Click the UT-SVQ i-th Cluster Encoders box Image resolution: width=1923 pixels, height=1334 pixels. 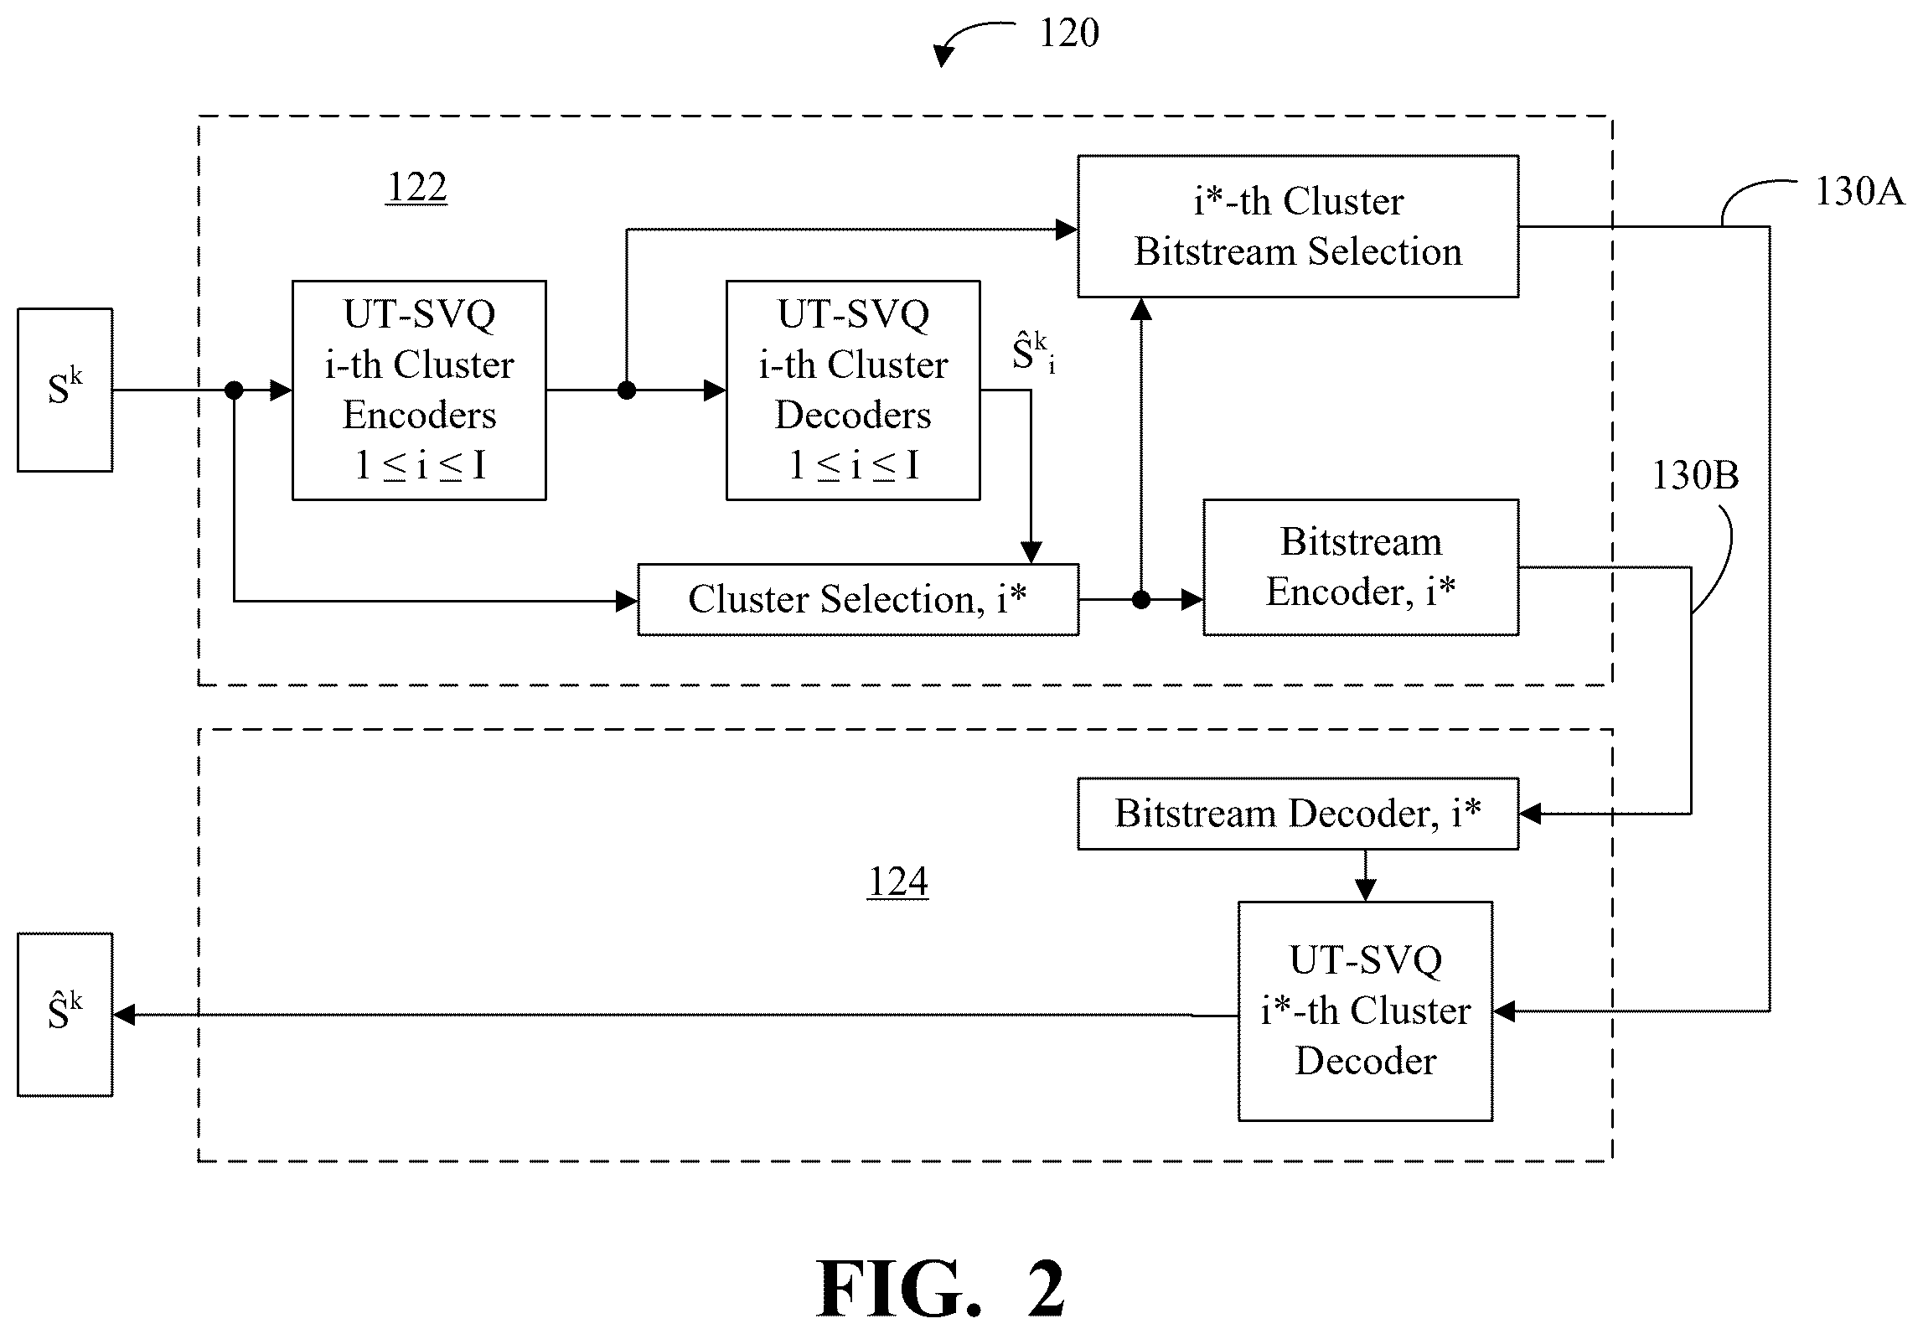[419, 390]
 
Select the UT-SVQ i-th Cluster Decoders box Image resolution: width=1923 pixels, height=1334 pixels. [853, 390]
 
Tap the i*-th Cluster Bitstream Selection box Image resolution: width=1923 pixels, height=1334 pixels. [1298, 226]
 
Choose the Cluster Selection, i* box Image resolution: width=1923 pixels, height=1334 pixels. [858, 600]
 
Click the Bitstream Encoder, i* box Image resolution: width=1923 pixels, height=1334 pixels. [1361, 567]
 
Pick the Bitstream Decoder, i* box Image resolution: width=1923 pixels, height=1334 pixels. [1298, 814]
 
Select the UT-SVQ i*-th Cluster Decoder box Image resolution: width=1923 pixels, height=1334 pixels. [1366, 1011]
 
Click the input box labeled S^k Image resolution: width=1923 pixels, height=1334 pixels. [65, 390]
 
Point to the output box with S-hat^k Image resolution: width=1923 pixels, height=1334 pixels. [65, 1015]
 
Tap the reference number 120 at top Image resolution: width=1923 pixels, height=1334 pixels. [1069, 34]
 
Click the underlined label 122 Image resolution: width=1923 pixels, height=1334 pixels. [416, 188]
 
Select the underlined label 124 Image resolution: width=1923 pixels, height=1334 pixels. [898, 882]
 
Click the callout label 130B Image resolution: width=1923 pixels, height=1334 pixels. [1695, 476]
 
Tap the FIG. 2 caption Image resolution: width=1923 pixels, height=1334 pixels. [941, 1289]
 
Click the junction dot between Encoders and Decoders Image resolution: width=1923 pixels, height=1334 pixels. [626, 390]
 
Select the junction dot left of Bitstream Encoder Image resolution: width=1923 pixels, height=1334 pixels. [1140, 600]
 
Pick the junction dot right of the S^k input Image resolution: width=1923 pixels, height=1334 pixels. [235, 390]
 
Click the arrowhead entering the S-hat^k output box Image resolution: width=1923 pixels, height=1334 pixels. [124, 1016]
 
